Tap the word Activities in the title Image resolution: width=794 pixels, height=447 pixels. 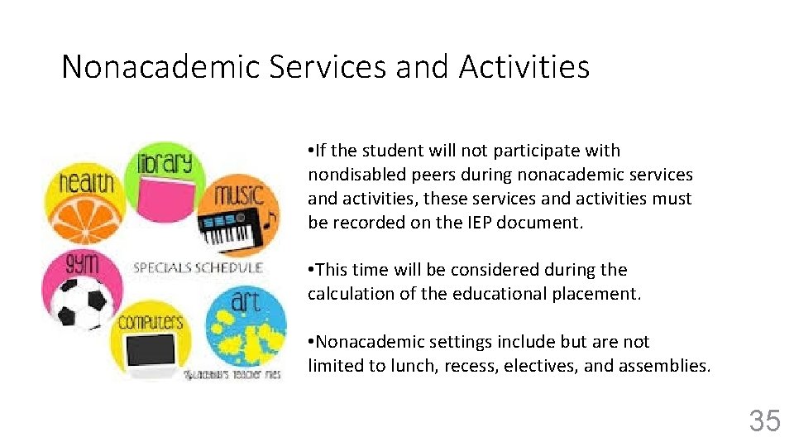point(524,66)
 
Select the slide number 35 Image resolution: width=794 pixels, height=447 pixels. point(764,421)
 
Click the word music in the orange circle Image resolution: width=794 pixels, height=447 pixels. point(239,195)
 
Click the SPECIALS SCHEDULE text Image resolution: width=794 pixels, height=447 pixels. point(198,267)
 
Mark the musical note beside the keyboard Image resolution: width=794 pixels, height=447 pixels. point(270,222)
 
